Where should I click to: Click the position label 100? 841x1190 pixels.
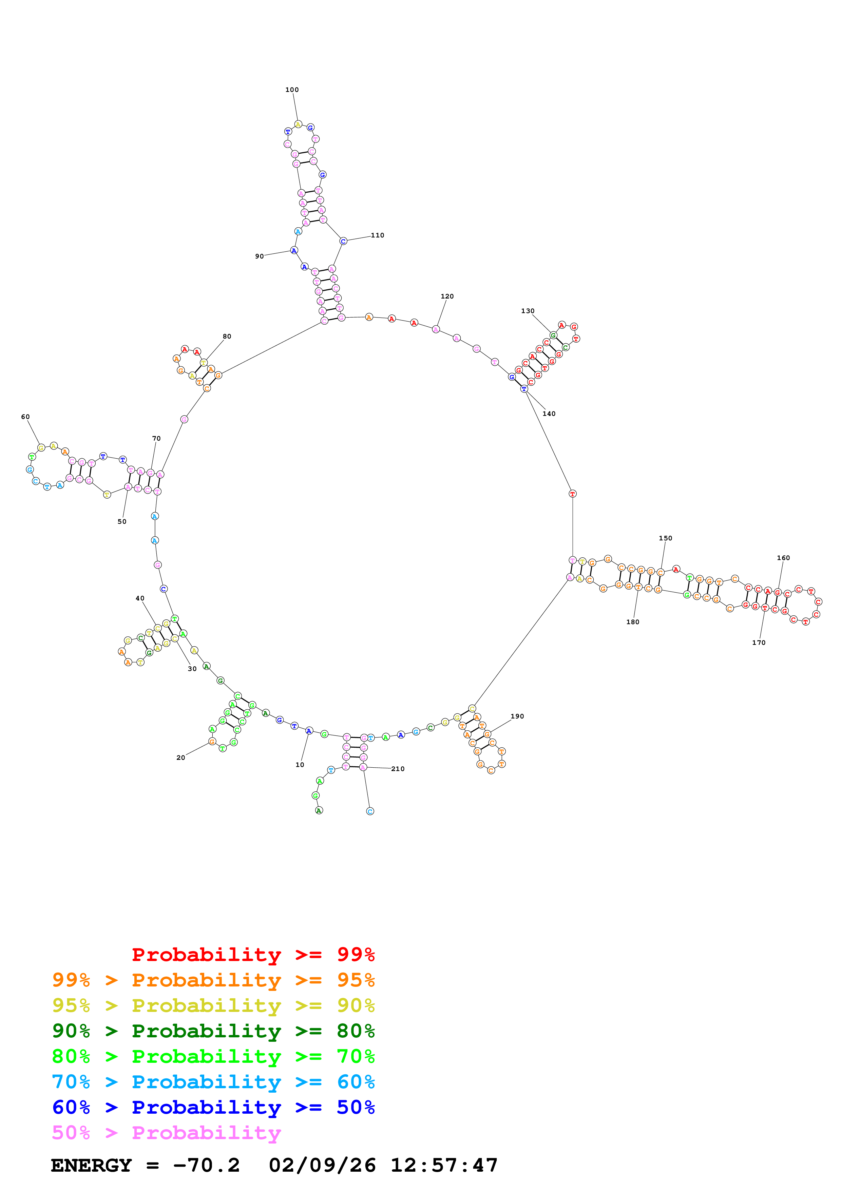pyautogui.click(x=292, y=90)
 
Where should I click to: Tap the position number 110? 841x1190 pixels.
pyautogui.click(x=377, y=235)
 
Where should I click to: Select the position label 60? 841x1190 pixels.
pyautogui.click(x=25, y=417)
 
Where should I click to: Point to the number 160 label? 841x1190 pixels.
pyautogui.click(x=783, y=558)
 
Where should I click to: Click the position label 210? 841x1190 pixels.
pyautogui.click(x=398, y=769)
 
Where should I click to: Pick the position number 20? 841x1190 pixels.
pyautogui.click(x=180, y=758)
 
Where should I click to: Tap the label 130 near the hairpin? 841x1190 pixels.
pyautogui.click(x=528, y=311)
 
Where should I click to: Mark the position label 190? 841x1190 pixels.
pyautogui.click(x=517, y=716)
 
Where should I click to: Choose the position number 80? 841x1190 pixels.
pyautogui.click(x=227, y=337)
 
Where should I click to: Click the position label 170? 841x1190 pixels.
pyautogui.click(x=759, y=643)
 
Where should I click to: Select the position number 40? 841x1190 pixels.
pyautogui.click(x=140, y=598)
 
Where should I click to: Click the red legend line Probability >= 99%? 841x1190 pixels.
pyautogui.click(x=253, y=954)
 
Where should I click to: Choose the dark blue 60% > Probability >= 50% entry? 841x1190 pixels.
pyautogui.click(x=213, y=1107)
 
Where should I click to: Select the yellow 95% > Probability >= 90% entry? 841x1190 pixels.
pyautogui.click(x=213, y=1005)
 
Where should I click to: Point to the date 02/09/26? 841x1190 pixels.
pyautogui.click(x=322, y=1165)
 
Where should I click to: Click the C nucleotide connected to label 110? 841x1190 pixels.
pyautogui.click(x=343, y=241)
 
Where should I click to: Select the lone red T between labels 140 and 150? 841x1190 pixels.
pyautogui.click(x=573, y=494)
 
